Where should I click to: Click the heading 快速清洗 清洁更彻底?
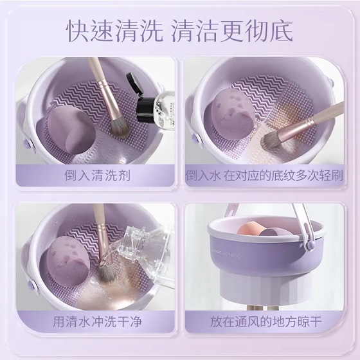(179, 32)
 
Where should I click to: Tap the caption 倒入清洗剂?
(97, 175)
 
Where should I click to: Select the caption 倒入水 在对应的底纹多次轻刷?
(264, 175)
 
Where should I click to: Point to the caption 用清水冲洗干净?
(97, 321)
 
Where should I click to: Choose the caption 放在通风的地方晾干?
(265, 321)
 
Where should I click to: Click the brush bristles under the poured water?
(107, 273)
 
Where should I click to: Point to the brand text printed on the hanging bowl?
(226, 253)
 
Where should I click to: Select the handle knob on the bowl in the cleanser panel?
(27, 145)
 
